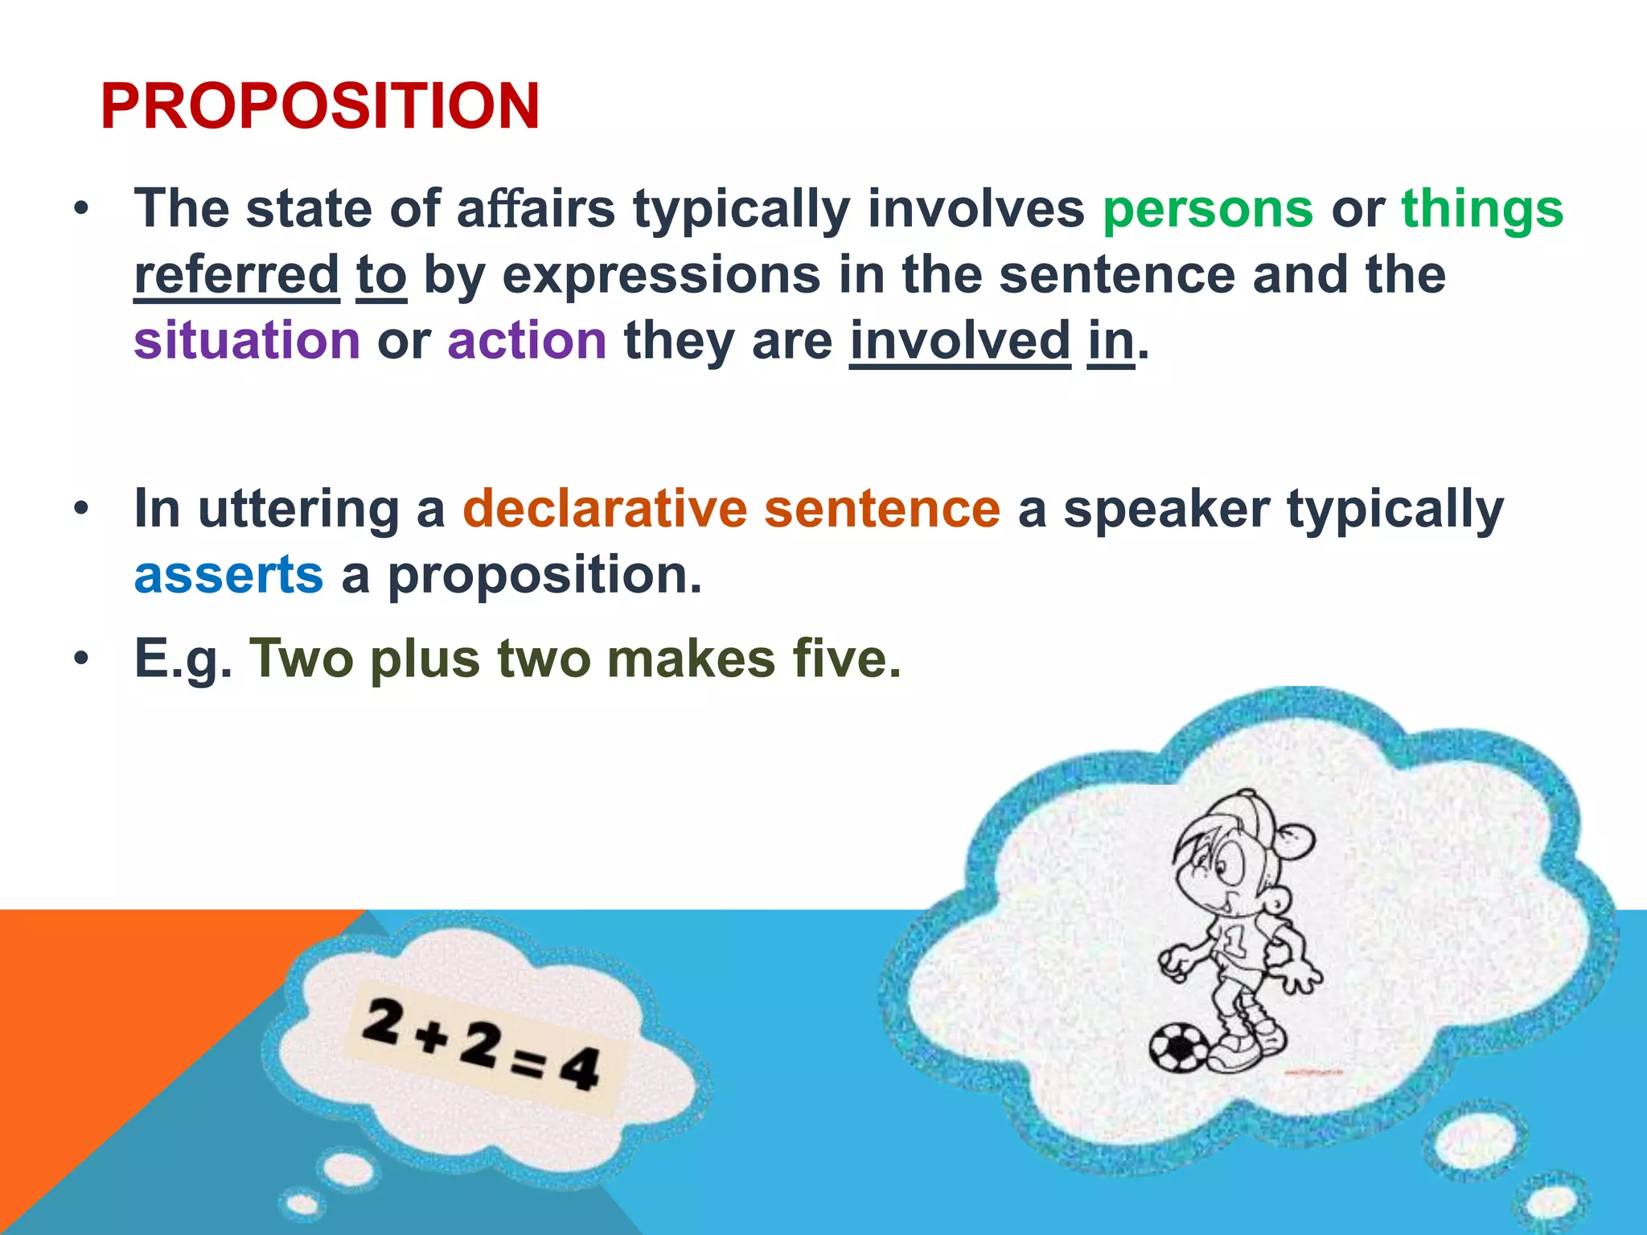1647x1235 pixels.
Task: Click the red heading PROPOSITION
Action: tap(319, 106)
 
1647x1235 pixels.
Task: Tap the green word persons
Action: tap(1207, 209)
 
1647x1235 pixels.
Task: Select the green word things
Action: tap(1482, 209)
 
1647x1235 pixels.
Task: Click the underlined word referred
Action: tap(236, 275)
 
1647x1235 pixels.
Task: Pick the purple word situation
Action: tap(247, 340)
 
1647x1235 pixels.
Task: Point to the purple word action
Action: tap(527, 340)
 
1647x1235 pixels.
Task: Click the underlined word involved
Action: tap(959, 340)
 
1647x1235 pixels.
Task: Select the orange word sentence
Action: tap(881, 509)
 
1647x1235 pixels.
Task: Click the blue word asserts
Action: tap(228, 576)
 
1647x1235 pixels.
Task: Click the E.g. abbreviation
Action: tap(183, 659)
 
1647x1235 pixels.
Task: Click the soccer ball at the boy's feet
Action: tap(1178, 1048)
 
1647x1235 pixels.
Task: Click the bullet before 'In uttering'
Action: tap(80, 509)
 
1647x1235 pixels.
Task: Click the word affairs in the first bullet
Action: tap(536, 209)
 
